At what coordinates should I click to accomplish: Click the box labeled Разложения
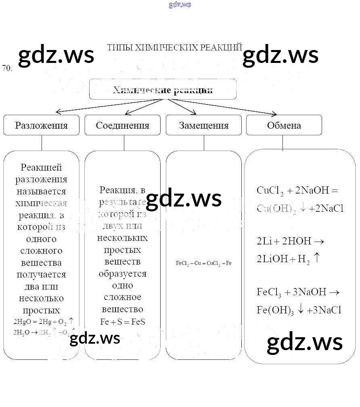pos(41,125)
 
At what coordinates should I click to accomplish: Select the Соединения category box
pos(122,125)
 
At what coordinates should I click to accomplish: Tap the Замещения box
pos(203,125)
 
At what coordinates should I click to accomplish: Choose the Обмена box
pos(284,125)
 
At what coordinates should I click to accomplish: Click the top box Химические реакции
pos(163,90)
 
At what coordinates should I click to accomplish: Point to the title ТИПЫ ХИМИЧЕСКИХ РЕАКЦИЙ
pos(174,48)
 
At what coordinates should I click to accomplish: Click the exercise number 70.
pos(7,68)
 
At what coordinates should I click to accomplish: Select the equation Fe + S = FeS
pos(122,322)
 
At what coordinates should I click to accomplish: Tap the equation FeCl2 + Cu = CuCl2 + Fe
pos(203,263)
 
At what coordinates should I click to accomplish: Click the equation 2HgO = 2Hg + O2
pos(43,321)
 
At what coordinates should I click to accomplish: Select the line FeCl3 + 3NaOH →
pos(298,292)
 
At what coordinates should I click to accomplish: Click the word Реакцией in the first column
pos(41,167)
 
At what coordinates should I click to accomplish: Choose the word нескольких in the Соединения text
pos(122,238)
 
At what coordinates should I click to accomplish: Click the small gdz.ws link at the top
pos(180,5)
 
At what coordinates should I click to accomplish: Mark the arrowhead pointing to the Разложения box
pos(57,112)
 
